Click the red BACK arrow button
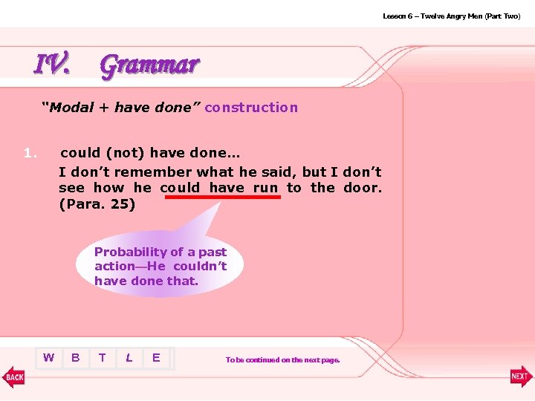point(14,376)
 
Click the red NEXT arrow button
point(521,376)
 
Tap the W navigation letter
point(48,358)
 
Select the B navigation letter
point(75,358)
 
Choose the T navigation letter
point(102,358)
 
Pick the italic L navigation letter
point(129,358)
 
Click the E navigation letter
point(155,358)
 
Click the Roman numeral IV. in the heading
point(53,65)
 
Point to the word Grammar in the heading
point(149,65)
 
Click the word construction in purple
point(251,108)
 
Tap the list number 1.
point(30,154)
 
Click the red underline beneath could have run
point(221,198)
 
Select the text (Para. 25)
point(97,204)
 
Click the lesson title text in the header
point(451,16)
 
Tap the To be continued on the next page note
point(282,360)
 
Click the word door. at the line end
point(363,188)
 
